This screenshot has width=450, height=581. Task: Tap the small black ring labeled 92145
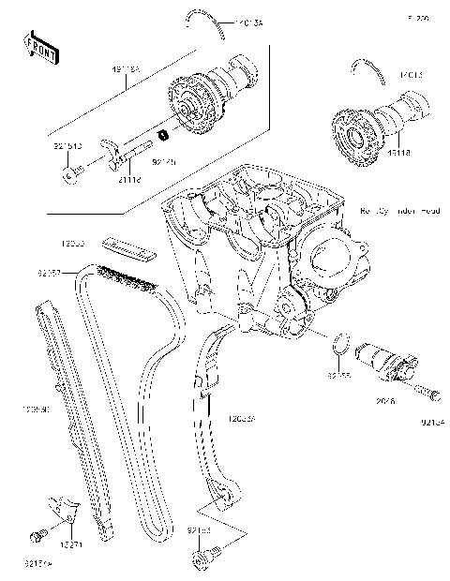point(162,136)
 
